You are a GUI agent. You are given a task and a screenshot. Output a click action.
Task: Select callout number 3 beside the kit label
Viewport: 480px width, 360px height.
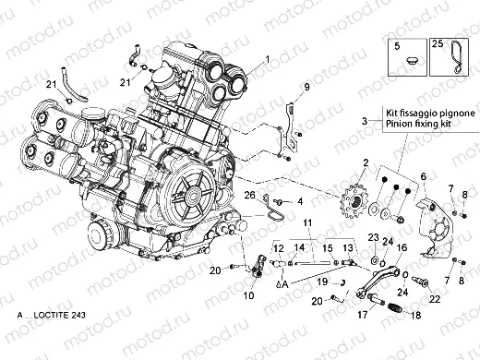pyautogui.click(x=339, y=121)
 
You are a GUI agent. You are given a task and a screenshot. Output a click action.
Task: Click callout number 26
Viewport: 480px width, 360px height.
pyautogui.click(x=248, y=196)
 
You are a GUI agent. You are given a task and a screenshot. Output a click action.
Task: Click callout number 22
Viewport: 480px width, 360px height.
pyautogui.click(x=433, y=298)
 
